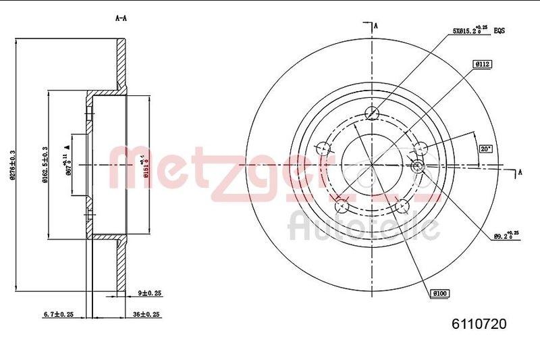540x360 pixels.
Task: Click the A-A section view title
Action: [x=121, y=18]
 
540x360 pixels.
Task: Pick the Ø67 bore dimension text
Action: [x=67, y=166]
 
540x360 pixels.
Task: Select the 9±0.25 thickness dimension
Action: [x=151, y=293]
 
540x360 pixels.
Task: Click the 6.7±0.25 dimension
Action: [x=57, y=314]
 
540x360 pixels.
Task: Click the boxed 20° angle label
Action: [x=485, y=149]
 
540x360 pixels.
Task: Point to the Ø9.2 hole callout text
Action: [x=506, y=236]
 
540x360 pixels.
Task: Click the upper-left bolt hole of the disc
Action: [x=323, y=147]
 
